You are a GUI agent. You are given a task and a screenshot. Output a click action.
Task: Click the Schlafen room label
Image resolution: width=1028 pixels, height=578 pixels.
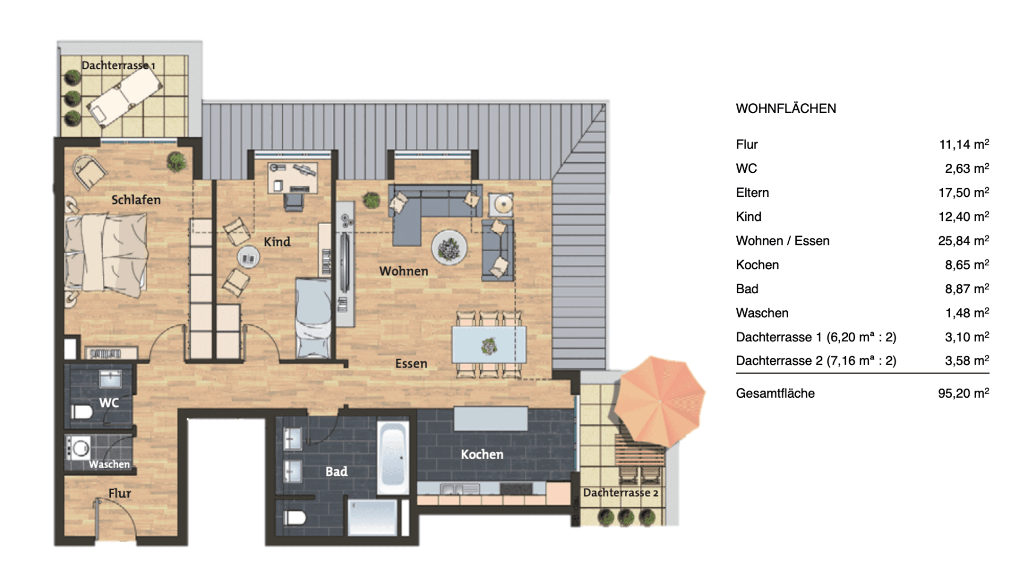[x=136, y=200]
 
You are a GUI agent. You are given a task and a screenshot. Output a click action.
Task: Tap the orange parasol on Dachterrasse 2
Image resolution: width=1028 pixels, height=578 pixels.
[x=660, y=401]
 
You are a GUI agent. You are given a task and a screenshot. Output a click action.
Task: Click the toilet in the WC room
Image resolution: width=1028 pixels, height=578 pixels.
[x=82, y=411]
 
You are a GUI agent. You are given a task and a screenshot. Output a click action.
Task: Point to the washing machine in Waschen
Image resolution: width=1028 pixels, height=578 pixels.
[x=78, y=448]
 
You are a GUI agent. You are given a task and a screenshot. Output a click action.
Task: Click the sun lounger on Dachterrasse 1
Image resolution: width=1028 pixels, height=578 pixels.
[x=124, y=96]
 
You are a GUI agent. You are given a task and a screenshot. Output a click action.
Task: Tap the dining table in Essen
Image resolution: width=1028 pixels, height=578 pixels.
[x=489, y=345]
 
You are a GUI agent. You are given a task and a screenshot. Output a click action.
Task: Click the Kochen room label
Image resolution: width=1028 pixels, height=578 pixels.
[x=482, y=454]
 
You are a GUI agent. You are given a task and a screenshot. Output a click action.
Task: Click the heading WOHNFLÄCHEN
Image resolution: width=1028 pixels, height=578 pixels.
[x=785, y=108]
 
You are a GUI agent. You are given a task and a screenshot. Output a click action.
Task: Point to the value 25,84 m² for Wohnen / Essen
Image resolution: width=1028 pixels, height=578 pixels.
[x=963, y=241]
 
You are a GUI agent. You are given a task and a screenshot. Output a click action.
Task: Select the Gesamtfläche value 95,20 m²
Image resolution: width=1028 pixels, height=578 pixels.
[x=963, y=393]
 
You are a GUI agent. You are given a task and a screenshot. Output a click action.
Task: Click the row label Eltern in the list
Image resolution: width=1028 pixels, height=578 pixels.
[x=752, y=193]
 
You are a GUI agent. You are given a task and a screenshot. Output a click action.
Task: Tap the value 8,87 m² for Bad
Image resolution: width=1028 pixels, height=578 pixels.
[x=966, y=289]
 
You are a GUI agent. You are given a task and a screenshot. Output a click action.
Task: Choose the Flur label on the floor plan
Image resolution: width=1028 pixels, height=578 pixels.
[x=119, y=493]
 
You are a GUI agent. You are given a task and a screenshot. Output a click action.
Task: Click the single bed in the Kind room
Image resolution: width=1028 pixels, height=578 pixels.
[x=313, y=317]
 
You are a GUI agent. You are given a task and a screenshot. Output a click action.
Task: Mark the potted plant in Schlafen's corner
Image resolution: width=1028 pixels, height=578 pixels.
[x=176, y=161]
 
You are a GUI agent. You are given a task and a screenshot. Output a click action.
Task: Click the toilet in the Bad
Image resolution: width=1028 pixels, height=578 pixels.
[x=295, y=518]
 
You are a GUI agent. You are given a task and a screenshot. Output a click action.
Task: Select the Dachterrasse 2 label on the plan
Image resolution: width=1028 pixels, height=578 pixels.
[x=620, y=492]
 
